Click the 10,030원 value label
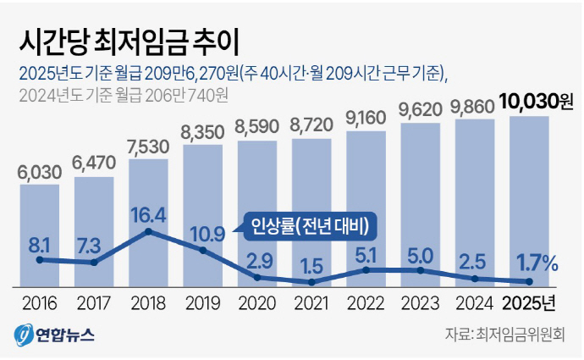click(531, 102)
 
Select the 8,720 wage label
click(311, 125)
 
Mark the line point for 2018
click(149, 230)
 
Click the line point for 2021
click(312, 282)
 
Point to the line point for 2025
click(530, 281)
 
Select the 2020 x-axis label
click(257, 302)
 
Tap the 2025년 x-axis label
click(529, 302)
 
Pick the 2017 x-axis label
click(94, 302)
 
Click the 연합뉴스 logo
click(53, 335)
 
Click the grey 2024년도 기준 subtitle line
click(122, 94)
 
